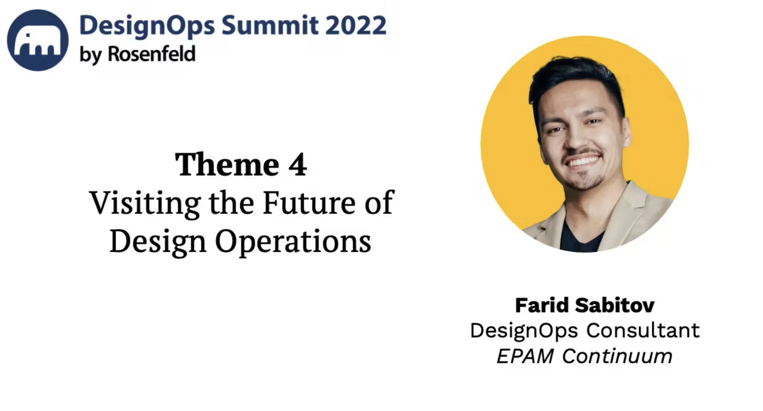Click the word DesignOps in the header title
tap(147, 26)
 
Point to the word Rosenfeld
tap(152, 54)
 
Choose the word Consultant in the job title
tap(643, 330)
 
